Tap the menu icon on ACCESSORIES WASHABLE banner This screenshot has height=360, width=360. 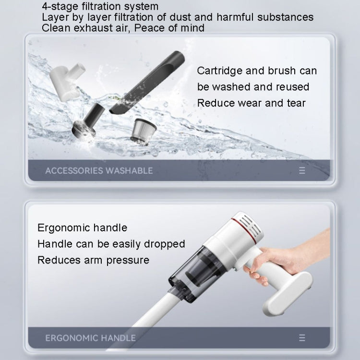tap(302, 170)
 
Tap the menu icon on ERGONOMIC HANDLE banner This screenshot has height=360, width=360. tap(302, 338)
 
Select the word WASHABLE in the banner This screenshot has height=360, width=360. tap(130, 170)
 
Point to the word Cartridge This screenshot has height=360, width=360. tap(219, 71)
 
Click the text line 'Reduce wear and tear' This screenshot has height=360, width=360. tap(251, 103)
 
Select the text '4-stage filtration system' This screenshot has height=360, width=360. tap(100, 7)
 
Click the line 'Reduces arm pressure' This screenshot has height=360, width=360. tap(93, 260)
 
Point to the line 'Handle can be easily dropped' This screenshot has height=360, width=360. tap(111, 244)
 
